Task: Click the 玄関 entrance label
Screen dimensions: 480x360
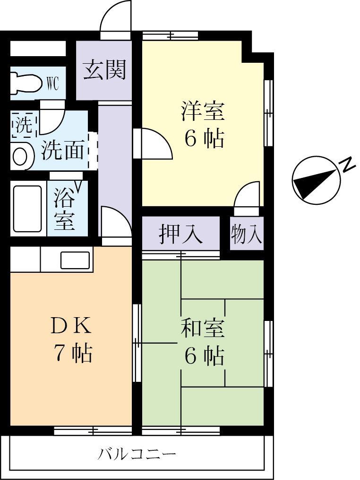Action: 105,70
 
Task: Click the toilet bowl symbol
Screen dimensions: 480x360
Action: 26,83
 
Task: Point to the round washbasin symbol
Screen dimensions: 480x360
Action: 20,157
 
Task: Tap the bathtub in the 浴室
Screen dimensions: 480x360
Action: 27,208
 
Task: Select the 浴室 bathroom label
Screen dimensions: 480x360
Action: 65,208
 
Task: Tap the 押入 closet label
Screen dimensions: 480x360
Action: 181,234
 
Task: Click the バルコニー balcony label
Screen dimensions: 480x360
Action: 137,455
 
